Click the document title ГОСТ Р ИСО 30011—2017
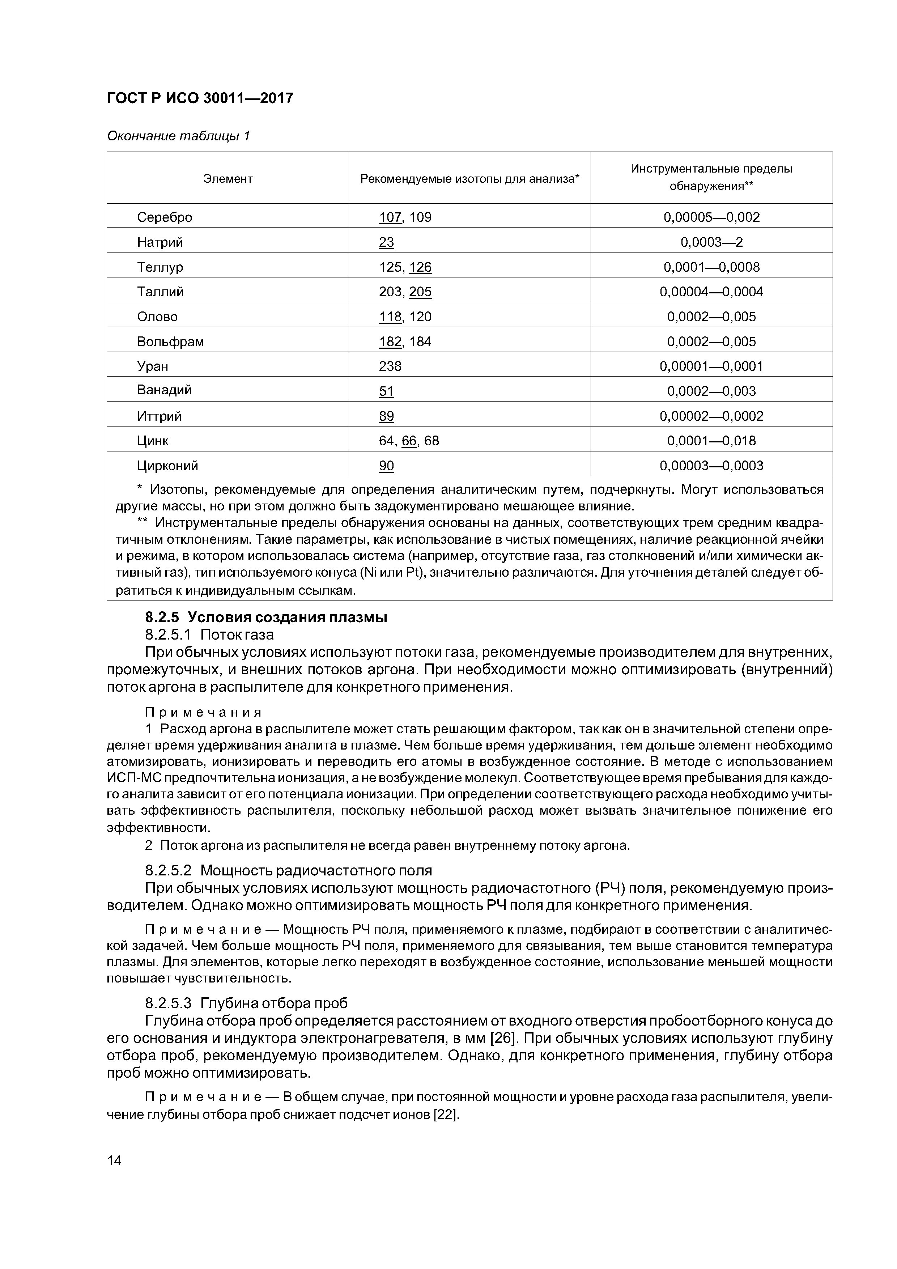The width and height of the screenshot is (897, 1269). point(200,98)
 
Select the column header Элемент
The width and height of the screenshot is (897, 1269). point(228,179)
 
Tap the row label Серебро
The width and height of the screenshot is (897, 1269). point(165,217)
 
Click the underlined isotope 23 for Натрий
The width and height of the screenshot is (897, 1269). point(386,242)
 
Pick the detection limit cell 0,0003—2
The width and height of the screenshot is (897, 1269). point(711,242)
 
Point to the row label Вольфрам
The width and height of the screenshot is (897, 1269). point(170,341)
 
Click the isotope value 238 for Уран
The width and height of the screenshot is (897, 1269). point(390,366)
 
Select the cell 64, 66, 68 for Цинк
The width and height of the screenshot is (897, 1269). point(409,441)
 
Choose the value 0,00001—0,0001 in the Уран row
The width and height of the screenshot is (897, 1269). point(711,366)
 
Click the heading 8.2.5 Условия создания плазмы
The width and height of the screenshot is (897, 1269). point(266,617)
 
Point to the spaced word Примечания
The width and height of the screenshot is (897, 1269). point(203,712)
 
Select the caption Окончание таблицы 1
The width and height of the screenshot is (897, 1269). point(178,136)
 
